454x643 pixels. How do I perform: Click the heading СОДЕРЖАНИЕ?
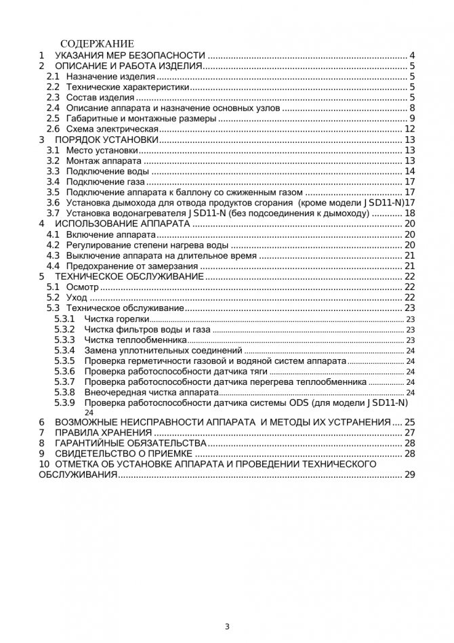tap(97, 44)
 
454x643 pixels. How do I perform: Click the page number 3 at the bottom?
tap(227, 626)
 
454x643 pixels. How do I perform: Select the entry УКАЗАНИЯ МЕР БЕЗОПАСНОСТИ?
tap(129, 56)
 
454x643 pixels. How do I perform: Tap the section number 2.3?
tap(53, 98)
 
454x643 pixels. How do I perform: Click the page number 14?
tap(409, 171)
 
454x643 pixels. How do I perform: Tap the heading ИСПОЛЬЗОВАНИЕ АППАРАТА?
tap(122, 224)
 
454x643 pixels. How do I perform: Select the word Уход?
tap(77, 297)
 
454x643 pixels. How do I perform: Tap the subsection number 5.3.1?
tap(64, 318)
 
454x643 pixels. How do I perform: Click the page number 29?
tap(409, 475)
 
